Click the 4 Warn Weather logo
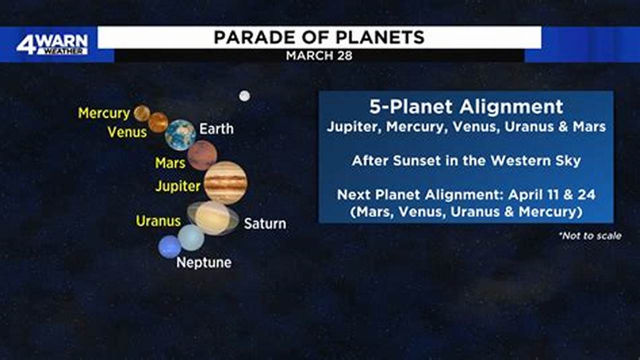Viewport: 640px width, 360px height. [52, 44]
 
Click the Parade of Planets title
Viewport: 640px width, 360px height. [319, 37]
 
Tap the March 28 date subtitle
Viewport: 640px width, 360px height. [319, 55]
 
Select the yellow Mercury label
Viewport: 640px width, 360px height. [104, 113]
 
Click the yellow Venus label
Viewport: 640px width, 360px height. [127, 132]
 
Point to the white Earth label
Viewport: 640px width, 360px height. [216, 129]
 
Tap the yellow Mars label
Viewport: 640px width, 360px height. [170, 163]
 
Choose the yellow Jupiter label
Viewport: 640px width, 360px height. [177, 186]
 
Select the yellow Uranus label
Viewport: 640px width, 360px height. [158, 221]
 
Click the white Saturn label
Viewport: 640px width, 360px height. [265, 223]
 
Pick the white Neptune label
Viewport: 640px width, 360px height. [204, 262]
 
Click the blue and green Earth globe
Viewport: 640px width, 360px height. [180, 135]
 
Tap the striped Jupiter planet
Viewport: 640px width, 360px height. [225, 182]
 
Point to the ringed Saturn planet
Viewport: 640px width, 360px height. [213, 218]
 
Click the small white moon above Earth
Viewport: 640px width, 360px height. [244, 96]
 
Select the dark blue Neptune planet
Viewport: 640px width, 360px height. [169, 247]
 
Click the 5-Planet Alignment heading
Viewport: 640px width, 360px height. [466, 106]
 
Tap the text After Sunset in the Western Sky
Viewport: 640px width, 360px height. [466, 160]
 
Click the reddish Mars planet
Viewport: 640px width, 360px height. [202, 155]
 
